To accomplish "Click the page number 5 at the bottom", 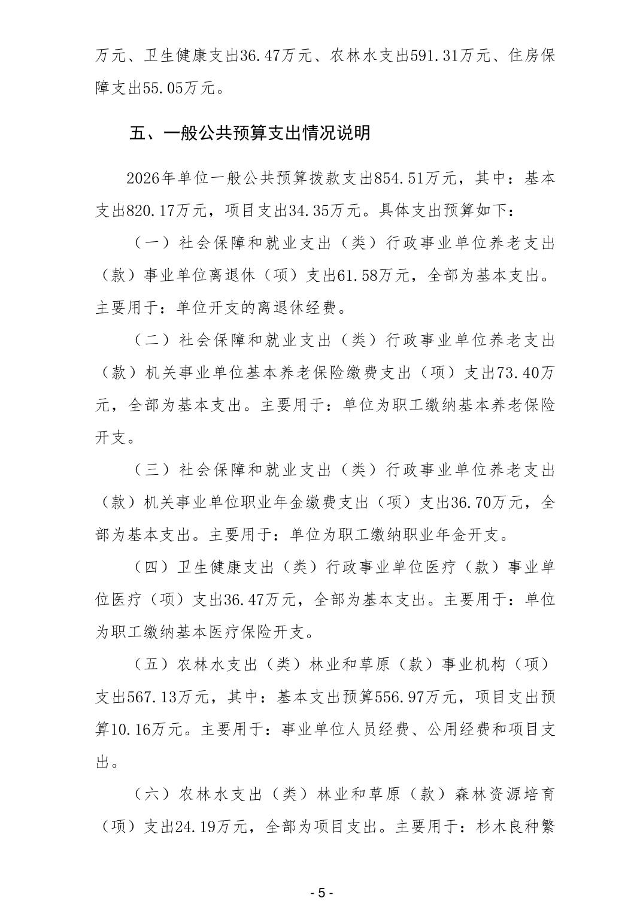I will [x=321, y=893].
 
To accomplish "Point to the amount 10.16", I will [x=133, y=730].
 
